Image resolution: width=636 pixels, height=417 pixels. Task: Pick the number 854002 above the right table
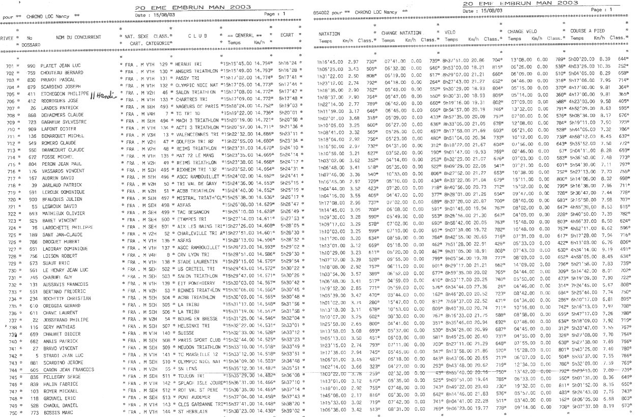323,11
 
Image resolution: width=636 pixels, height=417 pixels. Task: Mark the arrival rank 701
10,66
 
